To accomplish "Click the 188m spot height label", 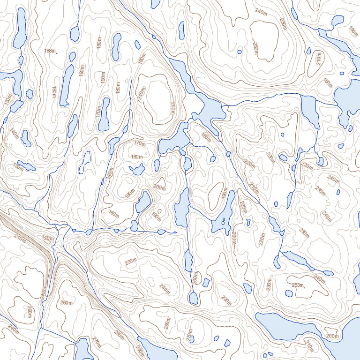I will pos(49,51).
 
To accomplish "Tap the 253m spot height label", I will pos(298,285).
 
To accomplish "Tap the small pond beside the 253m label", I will pos(289,293).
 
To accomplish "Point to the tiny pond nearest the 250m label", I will pos(240,52).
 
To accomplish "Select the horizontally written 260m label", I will pos(67,302).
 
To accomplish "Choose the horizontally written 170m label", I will pos(140,142).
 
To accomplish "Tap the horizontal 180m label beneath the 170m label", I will pos(137,157).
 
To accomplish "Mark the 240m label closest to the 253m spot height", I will pos(319,278).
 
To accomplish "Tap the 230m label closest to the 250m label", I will pos(283,22).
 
